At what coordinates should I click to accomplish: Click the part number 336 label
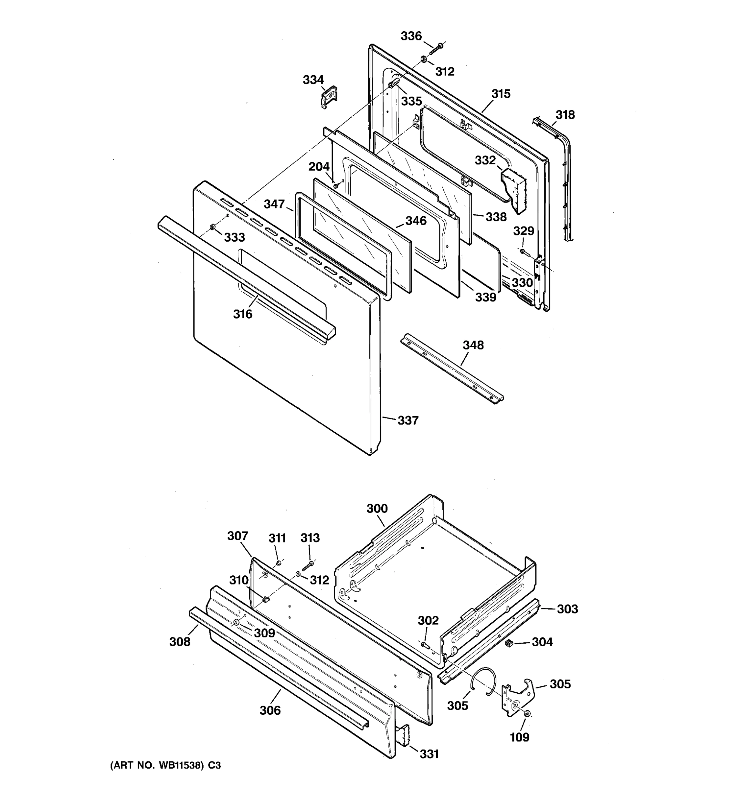(411, 36)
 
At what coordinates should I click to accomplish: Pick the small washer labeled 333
(212, 227)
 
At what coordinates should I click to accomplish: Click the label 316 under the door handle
(243, 314)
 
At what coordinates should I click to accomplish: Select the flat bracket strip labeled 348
(451, 369)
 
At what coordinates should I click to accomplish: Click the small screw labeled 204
(336, 185)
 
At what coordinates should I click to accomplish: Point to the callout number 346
(416, 221)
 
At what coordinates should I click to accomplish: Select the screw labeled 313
(308, 565)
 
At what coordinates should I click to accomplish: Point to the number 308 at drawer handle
(180, 642)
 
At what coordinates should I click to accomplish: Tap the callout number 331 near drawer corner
(429, 754)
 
